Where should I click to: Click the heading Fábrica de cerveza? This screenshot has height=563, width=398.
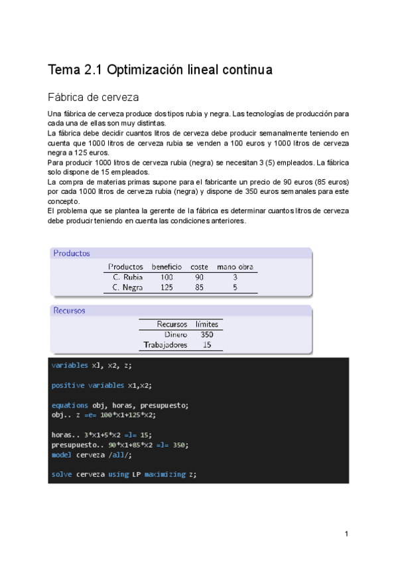(93, 98)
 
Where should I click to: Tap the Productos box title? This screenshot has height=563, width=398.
(72, 253)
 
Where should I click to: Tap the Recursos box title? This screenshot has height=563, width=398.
(69, 310)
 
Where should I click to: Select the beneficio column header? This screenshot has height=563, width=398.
(166, 267)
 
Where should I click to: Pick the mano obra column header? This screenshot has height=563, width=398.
(235, 267)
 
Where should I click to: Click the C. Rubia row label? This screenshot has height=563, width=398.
(128, 277)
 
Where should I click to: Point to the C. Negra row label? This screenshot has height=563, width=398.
(127, 287)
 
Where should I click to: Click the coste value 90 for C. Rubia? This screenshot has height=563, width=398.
(199, 277)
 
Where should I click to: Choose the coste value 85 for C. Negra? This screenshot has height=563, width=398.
(199, 287)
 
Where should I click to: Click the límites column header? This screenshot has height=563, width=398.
(207, 324)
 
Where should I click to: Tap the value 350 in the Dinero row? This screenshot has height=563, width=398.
(207, 335)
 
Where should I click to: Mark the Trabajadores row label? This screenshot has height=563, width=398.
(166, 345)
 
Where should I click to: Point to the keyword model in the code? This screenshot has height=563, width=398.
(62, 455)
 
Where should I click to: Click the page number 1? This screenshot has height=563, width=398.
(346, 534)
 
